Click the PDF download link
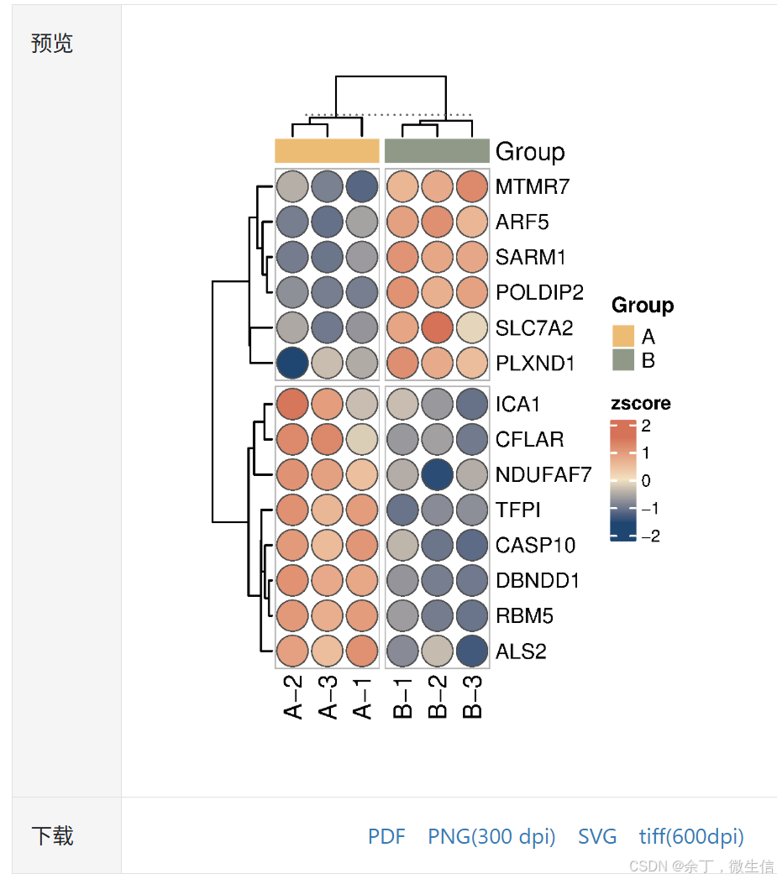pos(386,836)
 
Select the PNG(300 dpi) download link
pos(491,836)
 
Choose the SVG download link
pos(596,836)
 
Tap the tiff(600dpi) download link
pos(690,836)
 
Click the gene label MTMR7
pos(533,186)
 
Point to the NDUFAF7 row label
pos(543,474)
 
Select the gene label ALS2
pos(521,651)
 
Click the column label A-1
pos(362,699)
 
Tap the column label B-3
pos(473,699)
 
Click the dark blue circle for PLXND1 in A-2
pos(292,364)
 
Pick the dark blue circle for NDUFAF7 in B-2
pos(438,474)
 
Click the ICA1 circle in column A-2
pos(292,404)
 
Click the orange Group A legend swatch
pos(622,337)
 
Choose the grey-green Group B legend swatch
pos(622,361)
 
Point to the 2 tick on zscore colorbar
pos(645,426)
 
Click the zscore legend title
pos(640,403)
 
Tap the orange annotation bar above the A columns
pos(327,151)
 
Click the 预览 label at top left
pos(52,44)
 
